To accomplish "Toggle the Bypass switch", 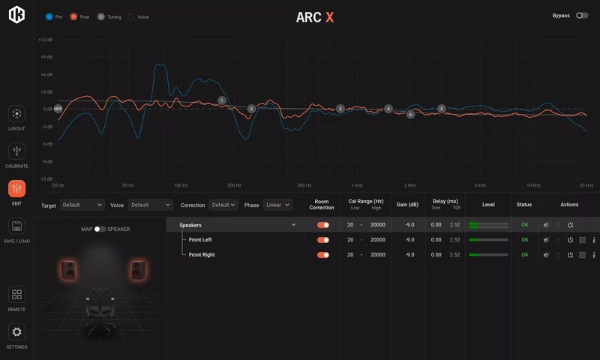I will pos(582,15).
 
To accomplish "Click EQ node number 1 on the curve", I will pos(222,100).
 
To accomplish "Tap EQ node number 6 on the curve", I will pos(410,115).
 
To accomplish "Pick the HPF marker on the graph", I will pos(58,109).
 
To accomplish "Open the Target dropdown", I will pos(82,205).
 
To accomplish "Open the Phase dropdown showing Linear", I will pos(277,205).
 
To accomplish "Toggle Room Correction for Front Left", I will pos(323,240).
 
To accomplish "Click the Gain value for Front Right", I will pos(409,255).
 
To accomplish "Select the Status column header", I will pos(524,205).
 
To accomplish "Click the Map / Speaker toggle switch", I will pos(100,229).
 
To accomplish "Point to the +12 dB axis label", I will pos(45,40).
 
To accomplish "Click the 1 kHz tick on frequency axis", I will pos(357,184).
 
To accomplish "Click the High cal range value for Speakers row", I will pos(378,225).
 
